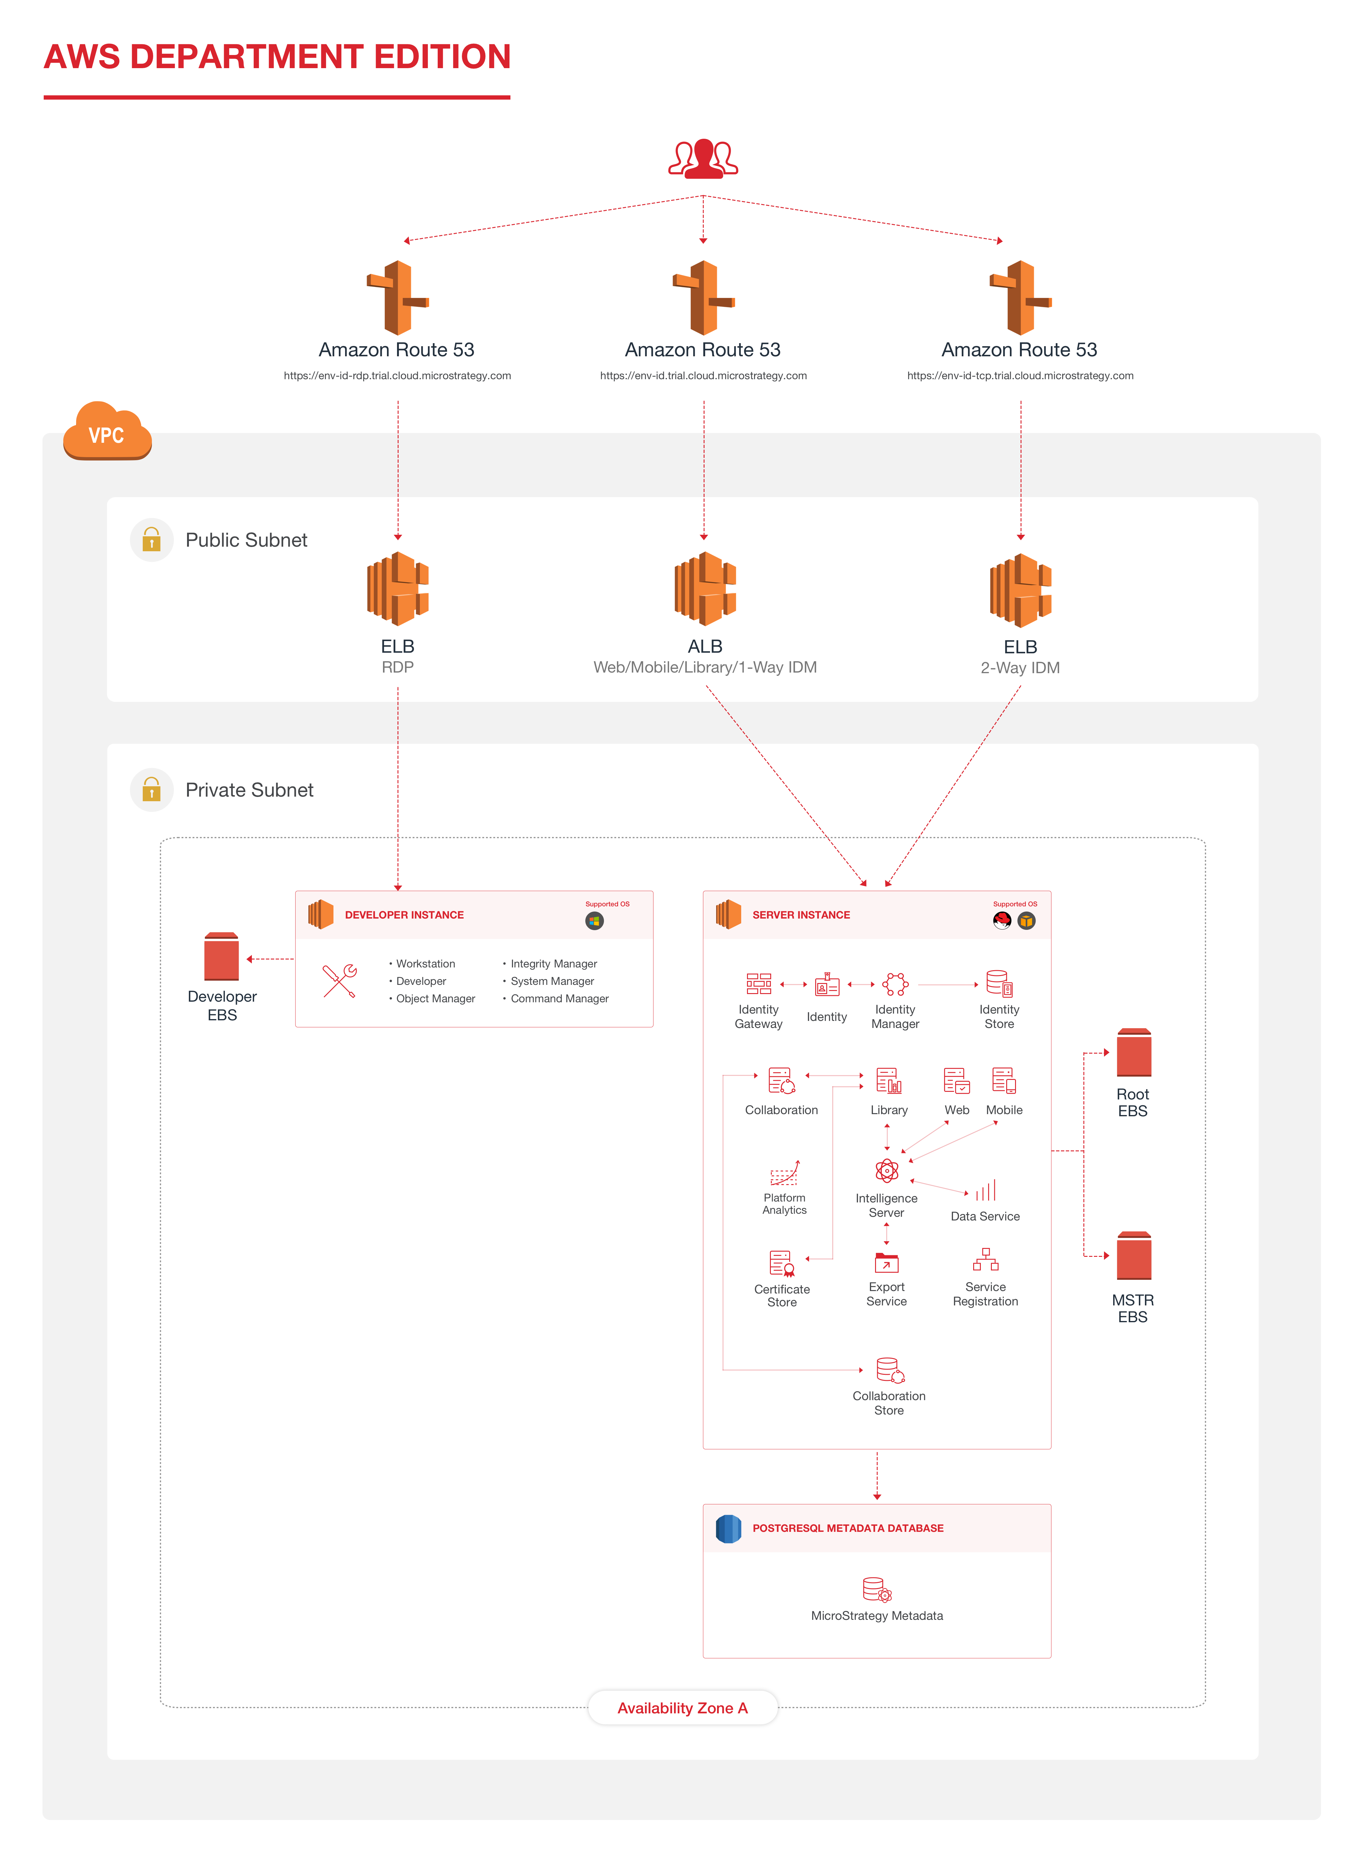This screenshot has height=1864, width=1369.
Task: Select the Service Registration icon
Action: click(x=985, y=1260)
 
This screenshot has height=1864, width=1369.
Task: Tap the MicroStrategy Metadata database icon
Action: click(x=877, y=1589)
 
